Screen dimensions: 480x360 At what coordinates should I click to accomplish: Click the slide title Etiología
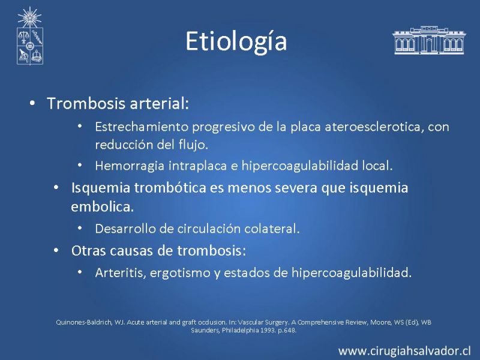tap(236, 41)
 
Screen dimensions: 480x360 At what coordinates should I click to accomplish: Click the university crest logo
tap(29, 36)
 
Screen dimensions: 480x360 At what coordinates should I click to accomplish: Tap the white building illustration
tap(429, 40)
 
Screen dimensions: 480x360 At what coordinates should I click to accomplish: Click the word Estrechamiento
tap(141, 127)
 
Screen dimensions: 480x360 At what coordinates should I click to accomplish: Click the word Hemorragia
tap(130, 166)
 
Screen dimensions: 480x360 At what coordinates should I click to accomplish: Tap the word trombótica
tap(170, 188)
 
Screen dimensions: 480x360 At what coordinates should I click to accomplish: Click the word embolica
tap(102, 207)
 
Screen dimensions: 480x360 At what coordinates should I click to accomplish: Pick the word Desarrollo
tap(125, 229)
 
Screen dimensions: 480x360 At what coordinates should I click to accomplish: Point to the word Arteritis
tap(121, 272)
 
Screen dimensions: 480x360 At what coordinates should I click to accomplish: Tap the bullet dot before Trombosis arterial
tap(32, 103)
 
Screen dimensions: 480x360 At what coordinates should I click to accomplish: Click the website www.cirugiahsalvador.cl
tap(404, 351)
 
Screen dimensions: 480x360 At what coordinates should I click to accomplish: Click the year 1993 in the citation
tap(268, 331)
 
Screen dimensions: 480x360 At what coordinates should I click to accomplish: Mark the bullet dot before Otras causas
tap(56, 250)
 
